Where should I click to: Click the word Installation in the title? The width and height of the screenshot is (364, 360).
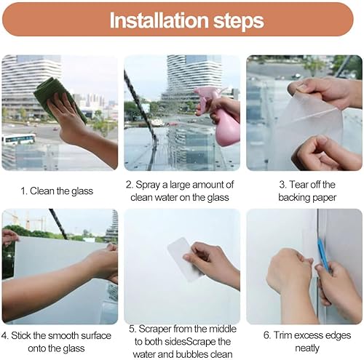coord(159,20)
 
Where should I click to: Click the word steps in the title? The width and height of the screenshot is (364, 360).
coord(239,21)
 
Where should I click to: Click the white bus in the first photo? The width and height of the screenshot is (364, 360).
coord(18,139)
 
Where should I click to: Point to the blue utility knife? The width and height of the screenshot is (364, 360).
coord(323,254)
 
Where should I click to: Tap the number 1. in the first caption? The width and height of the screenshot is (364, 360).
coord(23,191)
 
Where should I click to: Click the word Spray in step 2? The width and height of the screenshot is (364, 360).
coord(148,185)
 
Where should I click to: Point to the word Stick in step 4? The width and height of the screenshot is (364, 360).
coord(20,336)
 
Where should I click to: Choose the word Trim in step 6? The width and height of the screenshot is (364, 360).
coord(283,335)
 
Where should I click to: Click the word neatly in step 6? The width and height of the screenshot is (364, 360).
coord(307,348)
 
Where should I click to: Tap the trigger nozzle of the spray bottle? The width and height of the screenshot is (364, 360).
coord(202,93)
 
